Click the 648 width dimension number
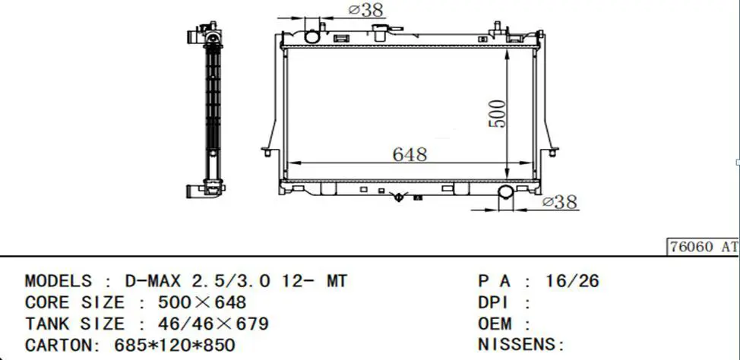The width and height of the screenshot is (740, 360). [x=410, y=154]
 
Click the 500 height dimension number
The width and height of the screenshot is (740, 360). [x=497, y=114]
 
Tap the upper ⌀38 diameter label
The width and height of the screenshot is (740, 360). [x=365, y=10]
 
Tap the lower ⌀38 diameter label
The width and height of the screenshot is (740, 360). [x=560, y=203]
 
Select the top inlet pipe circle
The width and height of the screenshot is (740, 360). [x=312, y=36]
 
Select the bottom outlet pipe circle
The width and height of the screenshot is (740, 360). [x=506, y=191]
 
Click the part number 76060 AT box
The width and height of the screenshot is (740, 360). [x=703, y=247]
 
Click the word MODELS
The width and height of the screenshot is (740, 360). [x=58, y=281]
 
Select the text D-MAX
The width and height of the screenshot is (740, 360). [x=153, y=281]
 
